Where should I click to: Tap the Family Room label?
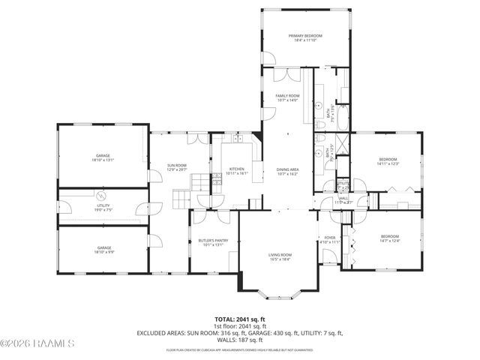tap(287, 96)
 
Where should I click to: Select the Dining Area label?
tap(287, 169)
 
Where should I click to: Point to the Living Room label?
tap(280, 255)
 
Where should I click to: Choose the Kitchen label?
tap(237, 169)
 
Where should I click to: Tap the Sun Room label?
tap(176, 165)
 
